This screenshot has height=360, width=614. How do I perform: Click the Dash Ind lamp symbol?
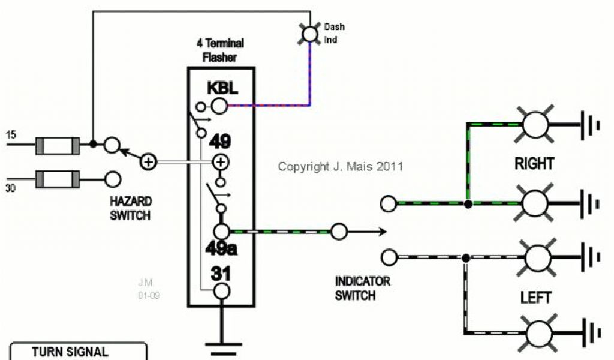pyautogui.click(x=309, y=34)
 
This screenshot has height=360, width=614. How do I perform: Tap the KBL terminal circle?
pyautogui.click(x=219, y=107)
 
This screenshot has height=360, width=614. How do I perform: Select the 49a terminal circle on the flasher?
pyautogui.click(x=222, y=232)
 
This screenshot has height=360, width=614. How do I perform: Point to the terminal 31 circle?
pyautogui.click(x=222, y=291)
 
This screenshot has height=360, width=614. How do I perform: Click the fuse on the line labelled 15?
pyautogui.click(x=58, y=145)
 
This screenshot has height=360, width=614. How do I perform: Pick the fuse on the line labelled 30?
pyautogui.click(x=58, y=178)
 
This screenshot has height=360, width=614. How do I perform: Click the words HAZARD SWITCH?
pyautogui.click(x=131, y=208)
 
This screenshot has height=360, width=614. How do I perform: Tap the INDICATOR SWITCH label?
pyautogui.click(x=363, y=288)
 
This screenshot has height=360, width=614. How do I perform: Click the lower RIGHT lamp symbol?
pyautogui.click(x=535, y=204)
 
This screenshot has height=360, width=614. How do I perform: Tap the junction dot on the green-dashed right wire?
pyautogui.click(x=468, y=204)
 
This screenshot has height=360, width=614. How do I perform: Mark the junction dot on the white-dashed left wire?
pyautogui.click(x=465, y=258)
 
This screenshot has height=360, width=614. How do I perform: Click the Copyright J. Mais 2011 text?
pyautogui.click(x=341, y=166)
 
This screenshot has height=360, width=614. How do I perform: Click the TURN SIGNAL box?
pyautogui.click(x=78, y=352)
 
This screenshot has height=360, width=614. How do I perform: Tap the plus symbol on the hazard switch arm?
pyautogui.click(x=148, y=161)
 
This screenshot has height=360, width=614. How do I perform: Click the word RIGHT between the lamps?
pyautogui.click(x=534, y=164)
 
